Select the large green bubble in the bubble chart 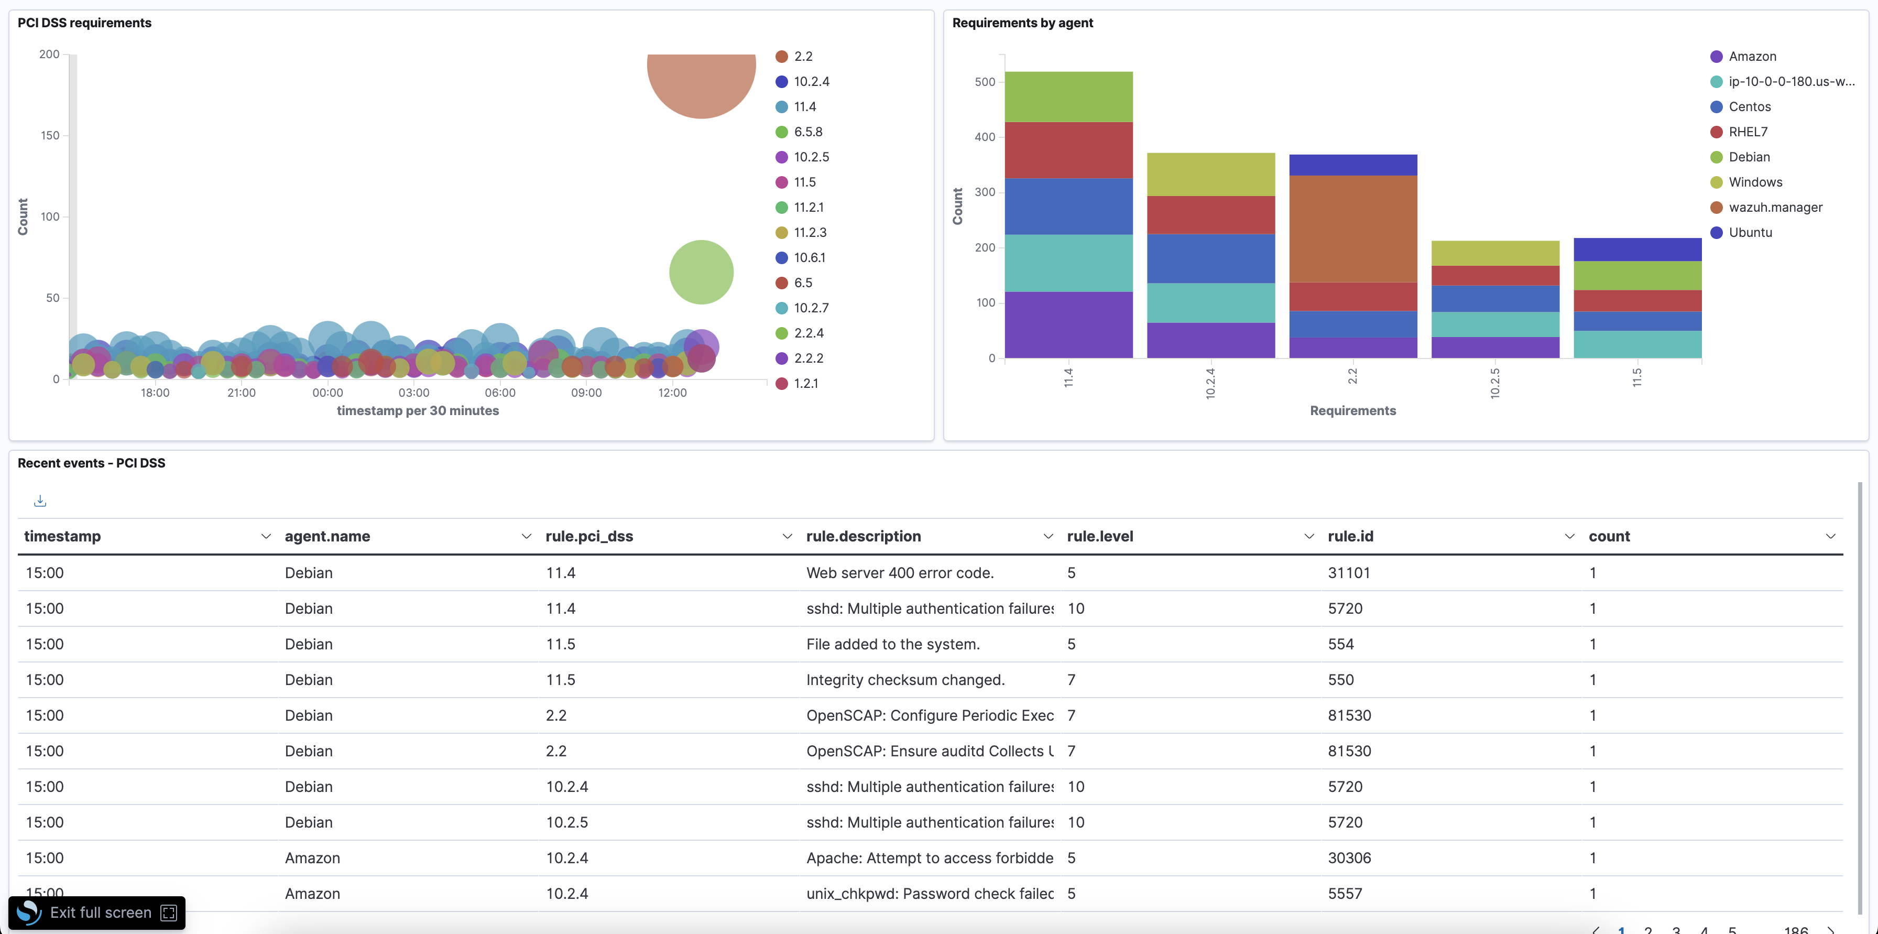(701, 272)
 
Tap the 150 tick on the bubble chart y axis (50, 136)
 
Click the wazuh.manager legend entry (1774, 208)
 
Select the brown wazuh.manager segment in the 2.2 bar (1352, 228)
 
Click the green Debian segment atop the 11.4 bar (1068, 97)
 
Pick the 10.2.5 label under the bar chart (1494, 382)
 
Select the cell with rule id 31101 (1349, 573)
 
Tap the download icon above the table (40, 501)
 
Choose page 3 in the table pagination (1676, 929)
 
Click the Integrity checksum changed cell (905, 680)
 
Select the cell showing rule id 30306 (1349, 858)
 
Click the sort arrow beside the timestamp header (265, 537)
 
